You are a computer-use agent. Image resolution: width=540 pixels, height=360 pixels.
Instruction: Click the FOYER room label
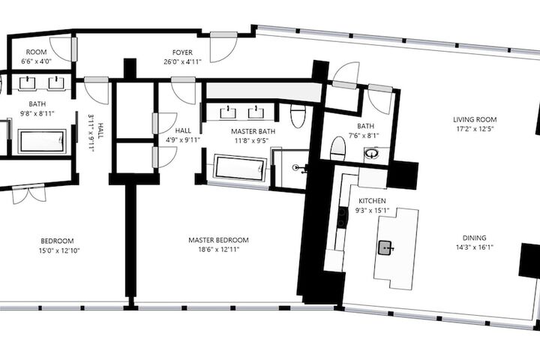182,52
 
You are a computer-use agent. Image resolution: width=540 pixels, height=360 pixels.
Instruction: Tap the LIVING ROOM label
475,120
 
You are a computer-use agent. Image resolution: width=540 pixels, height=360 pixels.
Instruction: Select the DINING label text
474,238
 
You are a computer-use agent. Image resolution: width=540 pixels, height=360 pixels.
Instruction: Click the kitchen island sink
385,247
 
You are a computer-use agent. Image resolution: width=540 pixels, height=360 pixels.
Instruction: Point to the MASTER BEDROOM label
218,240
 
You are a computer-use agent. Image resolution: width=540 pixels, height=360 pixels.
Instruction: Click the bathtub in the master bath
240,168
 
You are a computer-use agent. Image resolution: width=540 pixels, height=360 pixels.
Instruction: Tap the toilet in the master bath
298,115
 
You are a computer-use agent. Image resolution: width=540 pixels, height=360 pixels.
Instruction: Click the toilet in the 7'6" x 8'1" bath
337,148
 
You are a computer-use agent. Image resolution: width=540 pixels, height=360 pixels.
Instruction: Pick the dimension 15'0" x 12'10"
59,250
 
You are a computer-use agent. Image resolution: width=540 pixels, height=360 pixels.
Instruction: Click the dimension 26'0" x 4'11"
182,62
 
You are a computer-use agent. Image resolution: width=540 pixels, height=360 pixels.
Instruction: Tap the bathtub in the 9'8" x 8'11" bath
42,141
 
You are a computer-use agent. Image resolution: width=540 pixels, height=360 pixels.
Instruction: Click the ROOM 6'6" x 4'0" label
36,57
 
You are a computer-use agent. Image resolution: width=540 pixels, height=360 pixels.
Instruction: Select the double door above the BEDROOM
28,195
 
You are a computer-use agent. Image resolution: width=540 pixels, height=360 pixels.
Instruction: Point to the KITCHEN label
372,201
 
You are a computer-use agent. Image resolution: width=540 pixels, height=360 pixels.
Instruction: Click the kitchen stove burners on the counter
341,218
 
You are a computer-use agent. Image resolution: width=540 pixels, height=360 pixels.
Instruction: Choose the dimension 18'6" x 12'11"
218,250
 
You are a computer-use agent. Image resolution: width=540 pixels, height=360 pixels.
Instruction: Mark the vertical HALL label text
100,131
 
